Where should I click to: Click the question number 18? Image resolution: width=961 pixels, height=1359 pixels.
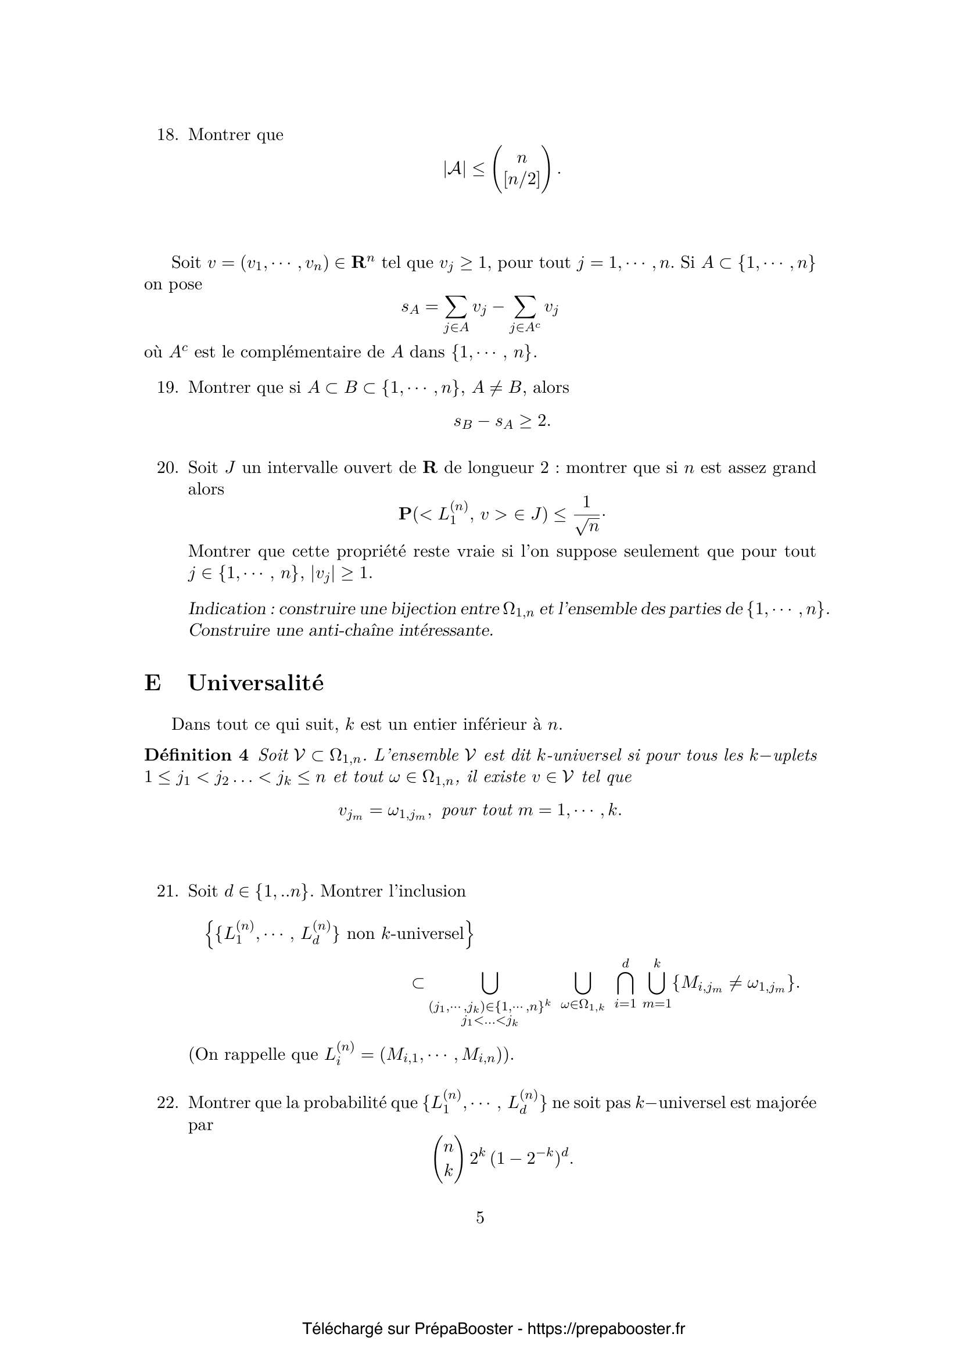click(167, 135)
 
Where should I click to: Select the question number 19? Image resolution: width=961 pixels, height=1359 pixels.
click(167, 388)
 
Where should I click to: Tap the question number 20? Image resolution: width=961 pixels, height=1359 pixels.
click(167, 468)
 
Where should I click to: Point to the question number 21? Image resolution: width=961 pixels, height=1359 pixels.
click(167, 891)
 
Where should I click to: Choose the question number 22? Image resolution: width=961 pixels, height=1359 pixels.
click(167, 1103)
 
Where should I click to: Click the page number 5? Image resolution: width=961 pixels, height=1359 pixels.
click(480, 1218)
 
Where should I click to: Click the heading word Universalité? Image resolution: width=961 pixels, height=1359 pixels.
click(256, 683)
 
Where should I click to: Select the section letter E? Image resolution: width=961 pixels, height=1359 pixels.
click(152, 683)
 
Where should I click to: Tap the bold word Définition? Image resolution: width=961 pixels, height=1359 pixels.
click(188, 755)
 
